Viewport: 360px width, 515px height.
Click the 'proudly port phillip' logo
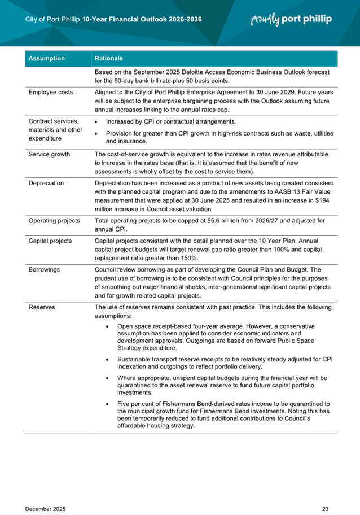coord(291,19)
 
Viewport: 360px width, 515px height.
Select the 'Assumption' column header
coord(46,59)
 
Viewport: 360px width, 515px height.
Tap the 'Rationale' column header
coord(109,59)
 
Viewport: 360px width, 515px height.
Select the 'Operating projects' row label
coord(54,220)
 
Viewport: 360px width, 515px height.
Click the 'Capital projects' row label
coord(50,241)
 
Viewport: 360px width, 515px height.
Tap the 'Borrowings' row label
coord(44,270)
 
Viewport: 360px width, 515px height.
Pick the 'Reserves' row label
coord(42,307)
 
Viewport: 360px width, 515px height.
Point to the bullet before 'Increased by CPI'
coord(98,122)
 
